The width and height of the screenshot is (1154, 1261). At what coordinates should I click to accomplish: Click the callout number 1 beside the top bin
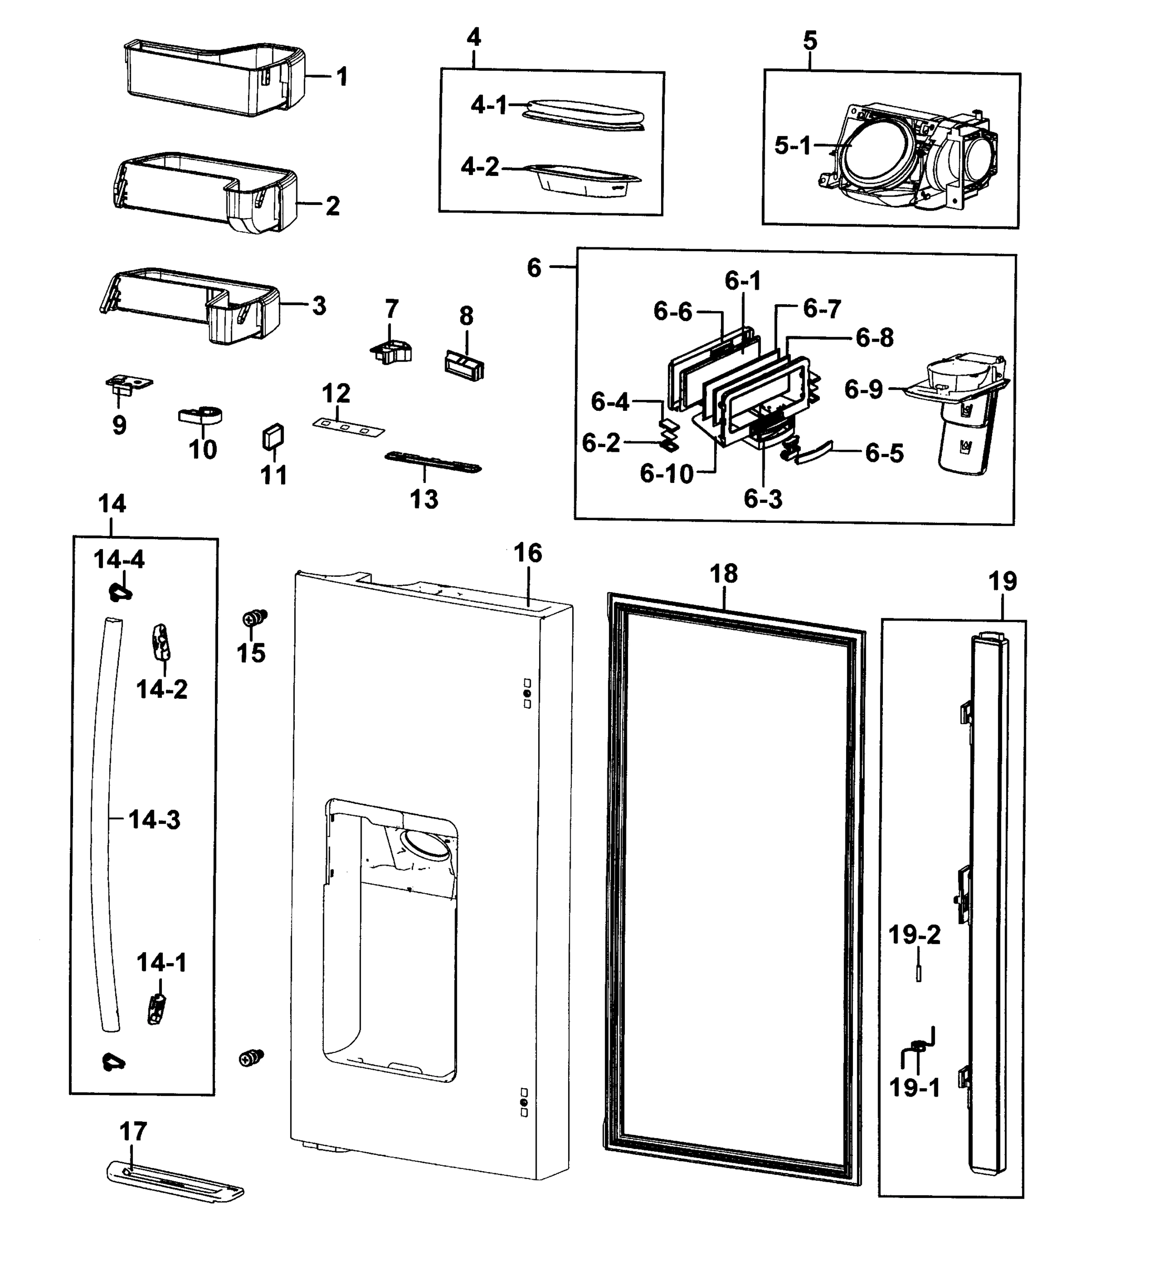click(x=342, y=77)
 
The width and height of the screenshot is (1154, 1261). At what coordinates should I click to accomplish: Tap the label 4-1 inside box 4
click(x=489, y=106)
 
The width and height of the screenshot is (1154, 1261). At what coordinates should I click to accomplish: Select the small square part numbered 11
click(x=273, y=437)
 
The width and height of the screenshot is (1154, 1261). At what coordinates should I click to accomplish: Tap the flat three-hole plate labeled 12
click(x=348, y=428)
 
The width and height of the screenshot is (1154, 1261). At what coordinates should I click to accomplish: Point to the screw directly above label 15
click(x=254, y=618)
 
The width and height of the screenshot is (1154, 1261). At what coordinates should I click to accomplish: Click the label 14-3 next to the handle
click(x=154, y=820)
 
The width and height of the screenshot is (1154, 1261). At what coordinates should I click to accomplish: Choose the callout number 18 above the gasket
click(x=724, y=574)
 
